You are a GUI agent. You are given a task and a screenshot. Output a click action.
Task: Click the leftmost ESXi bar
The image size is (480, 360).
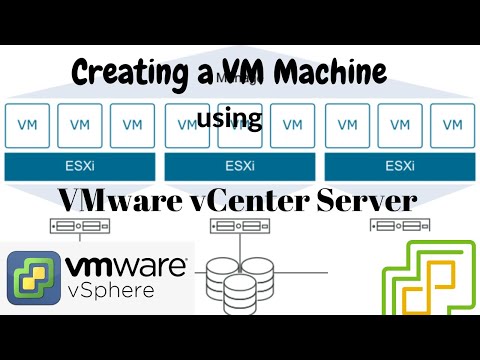[x=79, y=164]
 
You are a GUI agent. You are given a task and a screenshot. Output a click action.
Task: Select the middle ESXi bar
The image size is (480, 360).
[x=239, y=164]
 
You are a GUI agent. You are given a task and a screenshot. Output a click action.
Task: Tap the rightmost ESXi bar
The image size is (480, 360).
[x=399, y=164]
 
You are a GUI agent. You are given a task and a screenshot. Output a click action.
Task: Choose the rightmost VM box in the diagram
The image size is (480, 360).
[x=451, y=126]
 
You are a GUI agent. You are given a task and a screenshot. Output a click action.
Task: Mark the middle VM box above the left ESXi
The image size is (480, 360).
[x=79, y=126]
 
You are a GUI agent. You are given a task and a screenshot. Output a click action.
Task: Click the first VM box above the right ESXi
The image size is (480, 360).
[x=347, y=126]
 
